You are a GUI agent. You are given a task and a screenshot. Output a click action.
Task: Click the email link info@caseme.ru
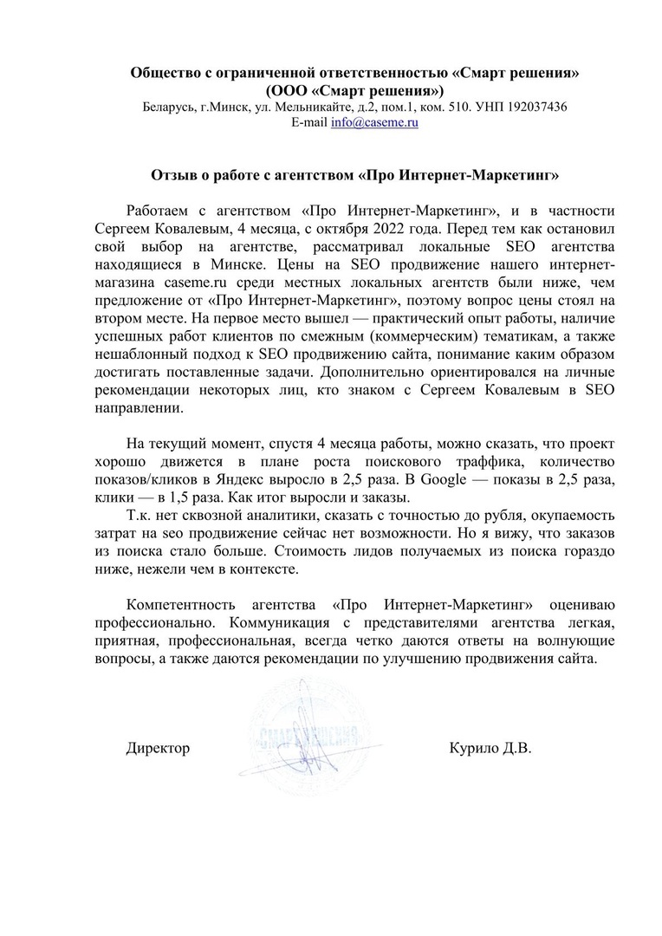[x=375, y=123]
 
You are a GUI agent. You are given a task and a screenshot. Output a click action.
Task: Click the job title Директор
[x=158, y=747]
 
